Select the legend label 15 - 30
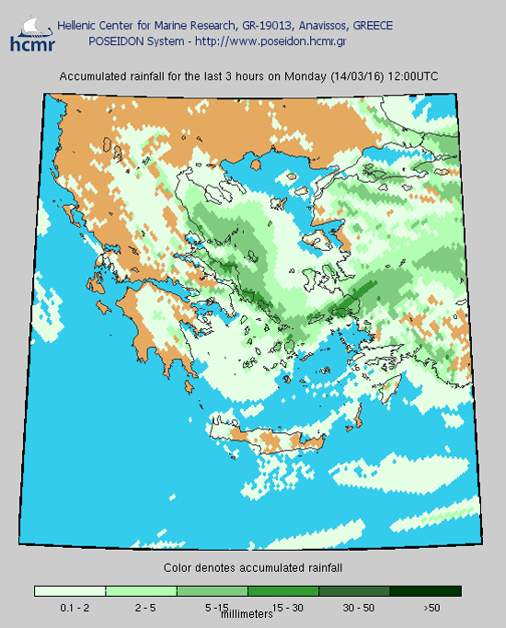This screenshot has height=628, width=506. tap(288, 608)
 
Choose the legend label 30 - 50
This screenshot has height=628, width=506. tap(358, 608)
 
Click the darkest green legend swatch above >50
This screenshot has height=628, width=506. tap(425, 591)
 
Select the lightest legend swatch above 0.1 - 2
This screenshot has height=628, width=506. tap(70, 591)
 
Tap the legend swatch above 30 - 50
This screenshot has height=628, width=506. tap(354, 591)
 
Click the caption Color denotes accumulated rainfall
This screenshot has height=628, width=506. tap(253, 568)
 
